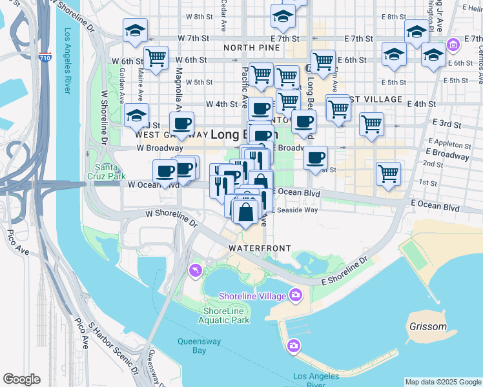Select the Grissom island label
427,326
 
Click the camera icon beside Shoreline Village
296,295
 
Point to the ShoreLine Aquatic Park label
222,315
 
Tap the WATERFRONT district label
259,248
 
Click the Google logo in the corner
21,379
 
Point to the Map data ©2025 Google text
442,382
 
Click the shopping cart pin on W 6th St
156,58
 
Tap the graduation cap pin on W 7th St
136,30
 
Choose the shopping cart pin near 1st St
388,172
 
